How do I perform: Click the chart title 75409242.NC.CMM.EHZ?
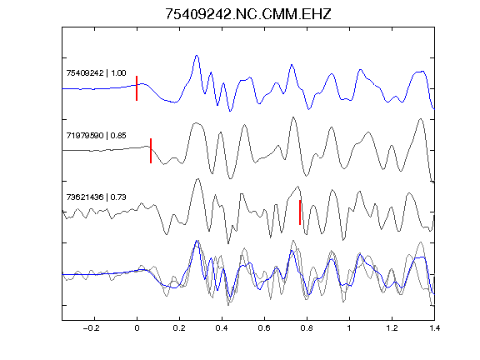tap(248, 14)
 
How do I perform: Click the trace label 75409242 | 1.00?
tap(96, 73)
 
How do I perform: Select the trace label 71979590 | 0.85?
tap(96, 135)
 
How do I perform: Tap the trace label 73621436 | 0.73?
tap(96, 197)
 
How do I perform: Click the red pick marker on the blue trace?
tap(137, 88)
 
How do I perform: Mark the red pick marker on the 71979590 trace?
tap(151, 151)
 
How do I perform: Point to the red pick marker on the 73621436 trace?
tap(300, 212)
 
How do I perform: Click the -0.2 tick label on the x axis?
tap(91, 328)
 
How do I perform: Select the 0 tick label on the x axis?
tap(137, 328)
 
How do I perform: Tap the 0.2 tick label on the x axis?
tap(179, 328)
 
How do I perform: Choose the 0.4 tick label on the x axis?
tap(222, 328)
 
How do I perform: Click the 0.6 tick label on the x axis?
tap(264, 328)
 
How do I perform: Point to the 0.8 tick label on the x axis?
tap(307, 328)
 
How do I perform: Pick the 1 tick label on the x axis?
tap(349, 328)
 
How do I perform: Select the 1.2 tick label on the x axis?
tap(392, 328)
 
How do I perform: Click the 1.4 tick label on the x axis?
tap(434, 328)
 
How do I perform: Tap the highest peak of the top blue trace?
tap(197, 55)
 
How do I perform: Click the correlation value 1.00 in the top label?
tap(118, 73)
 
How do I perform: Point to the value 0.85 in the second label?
tap(118, 135)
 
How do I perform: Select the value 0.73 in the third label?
tap(118, 197)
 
